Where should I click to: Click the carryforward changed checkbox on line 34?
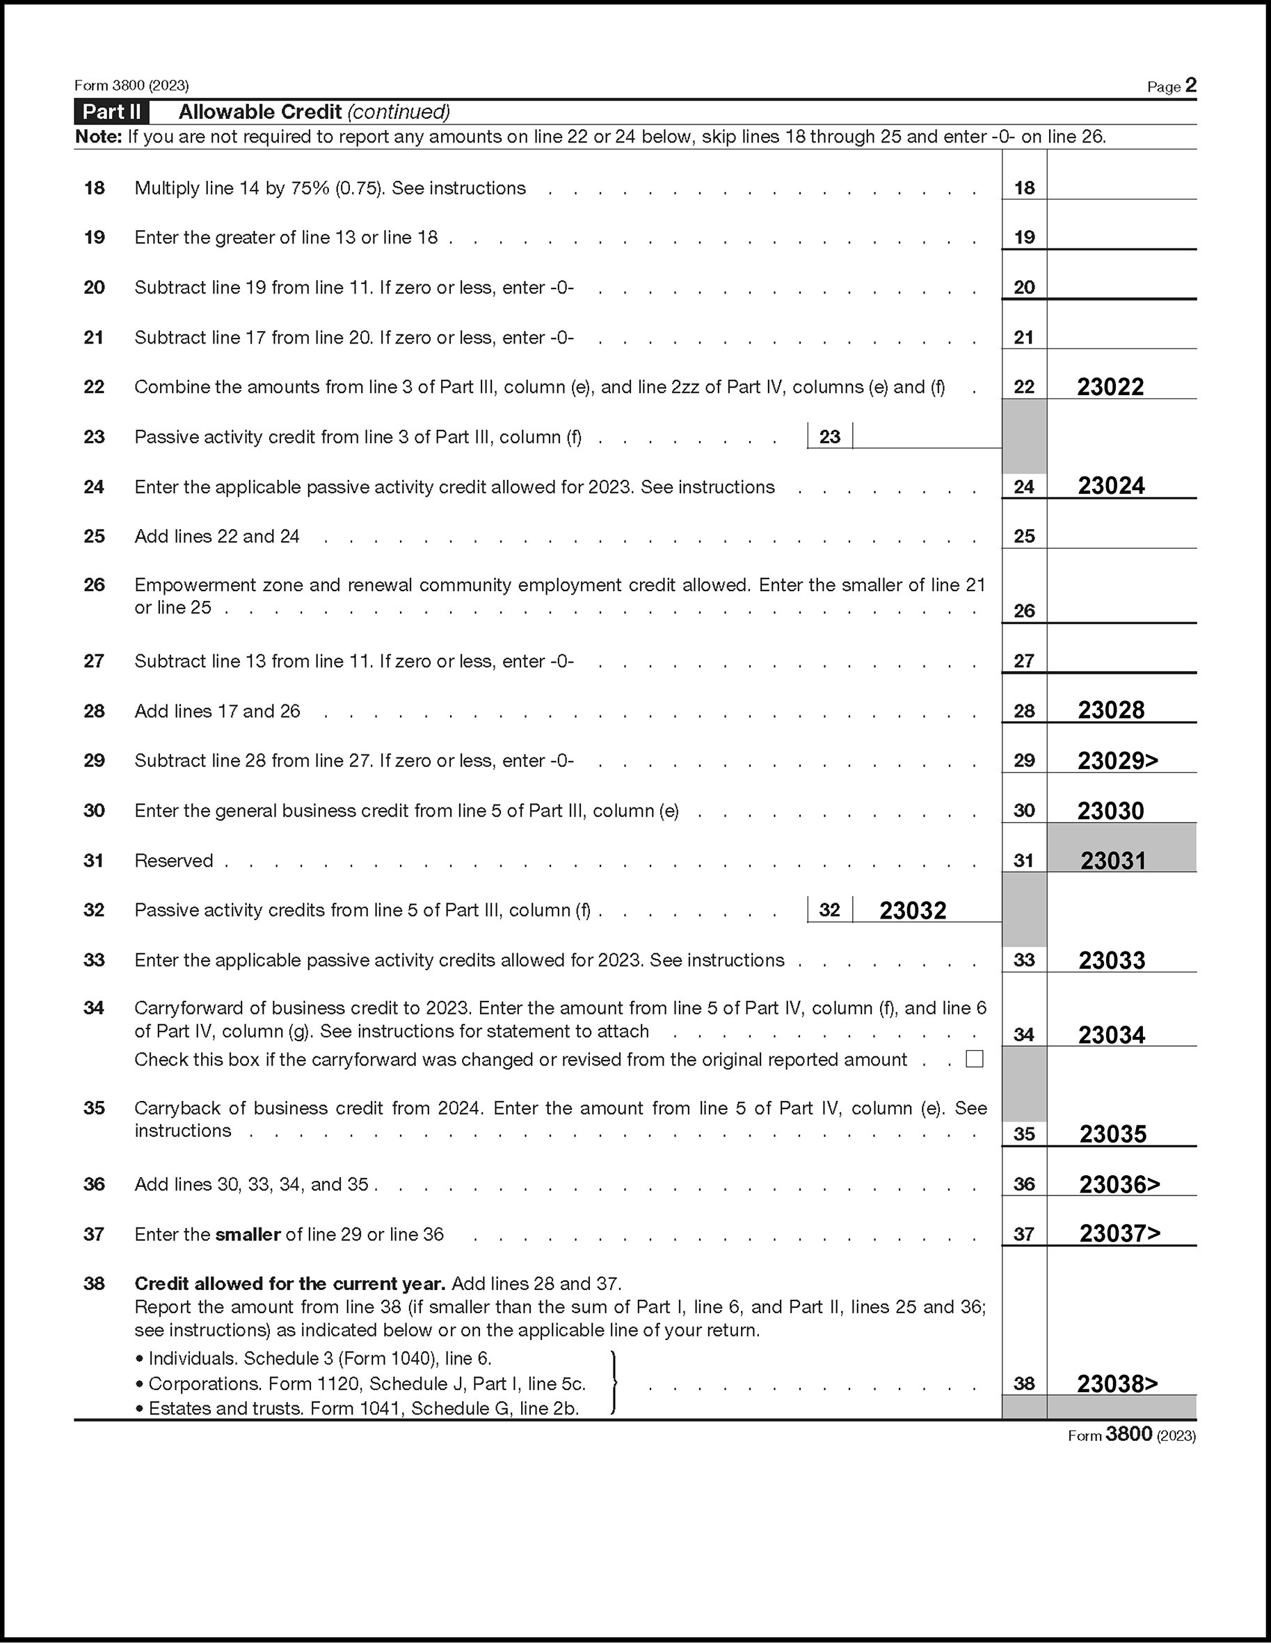975,1059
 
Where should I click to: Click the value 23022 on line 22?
1110,387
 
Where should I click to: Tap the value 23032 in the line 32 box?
913,910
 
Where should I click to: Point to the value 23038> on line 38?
1117,1383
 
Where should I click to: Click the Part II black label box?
111,112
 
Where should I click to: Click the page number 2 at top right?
1190,86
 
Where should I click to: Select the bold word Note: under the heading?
99,137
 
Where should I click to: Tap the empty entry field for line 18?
1121,184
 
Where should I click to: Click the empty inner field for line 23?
926,436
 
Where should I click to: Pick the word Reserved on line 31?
174,860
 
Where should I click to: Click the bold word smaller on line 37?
248,1234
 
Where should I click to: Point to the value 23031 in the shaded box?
1113,860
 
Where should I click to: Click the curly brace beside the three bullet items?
614,1383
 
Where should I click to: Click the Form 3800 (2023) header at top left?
131,86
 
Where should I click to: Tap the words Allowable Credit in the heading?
259,112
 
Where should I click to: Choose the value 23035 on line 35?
1113,1134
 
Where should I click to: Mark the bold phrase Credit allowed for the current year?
290,1284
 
